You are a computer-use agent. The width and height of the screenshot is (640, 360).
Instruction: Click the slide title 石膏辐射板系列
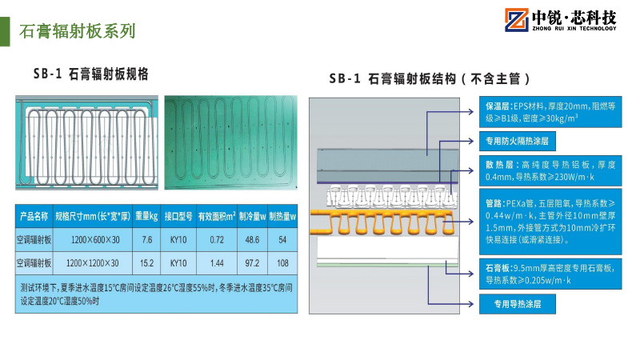click(77, 31)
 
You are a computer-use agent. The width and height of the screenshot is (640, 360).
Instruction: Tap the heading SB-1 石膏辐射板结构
click(429, 79)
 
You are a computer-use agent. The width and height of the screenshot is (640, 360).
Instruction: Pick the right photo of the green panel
click(230, 142)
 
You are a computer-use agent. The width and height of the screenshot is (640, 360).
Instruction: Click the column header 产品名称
click(34, 216)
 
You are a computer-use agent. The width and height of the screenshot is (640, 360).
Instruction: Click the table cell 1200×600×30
click(94, 239)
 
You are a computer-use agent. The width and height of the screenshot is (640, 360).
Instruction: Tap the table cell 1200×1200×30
click(94, 262)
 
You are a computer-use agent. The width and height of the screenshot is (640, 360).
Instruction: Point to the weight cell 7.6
click(146, 239)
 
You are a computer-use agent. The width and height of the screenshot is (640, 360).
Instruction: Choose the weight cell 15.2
click(146, 262)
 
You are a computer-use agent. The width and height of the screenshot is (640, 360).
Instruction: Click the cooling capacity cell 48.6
click(251, 239)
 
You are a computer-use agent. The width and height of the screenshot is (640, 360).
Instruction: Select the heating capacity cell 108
click(282, 262)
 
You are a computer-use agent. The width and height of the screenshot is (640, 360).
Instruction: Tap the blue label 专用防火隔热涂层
click(520, 142)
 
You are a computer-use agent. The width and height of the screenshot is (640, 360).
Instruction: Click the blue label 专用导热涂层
click(517, 304)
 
